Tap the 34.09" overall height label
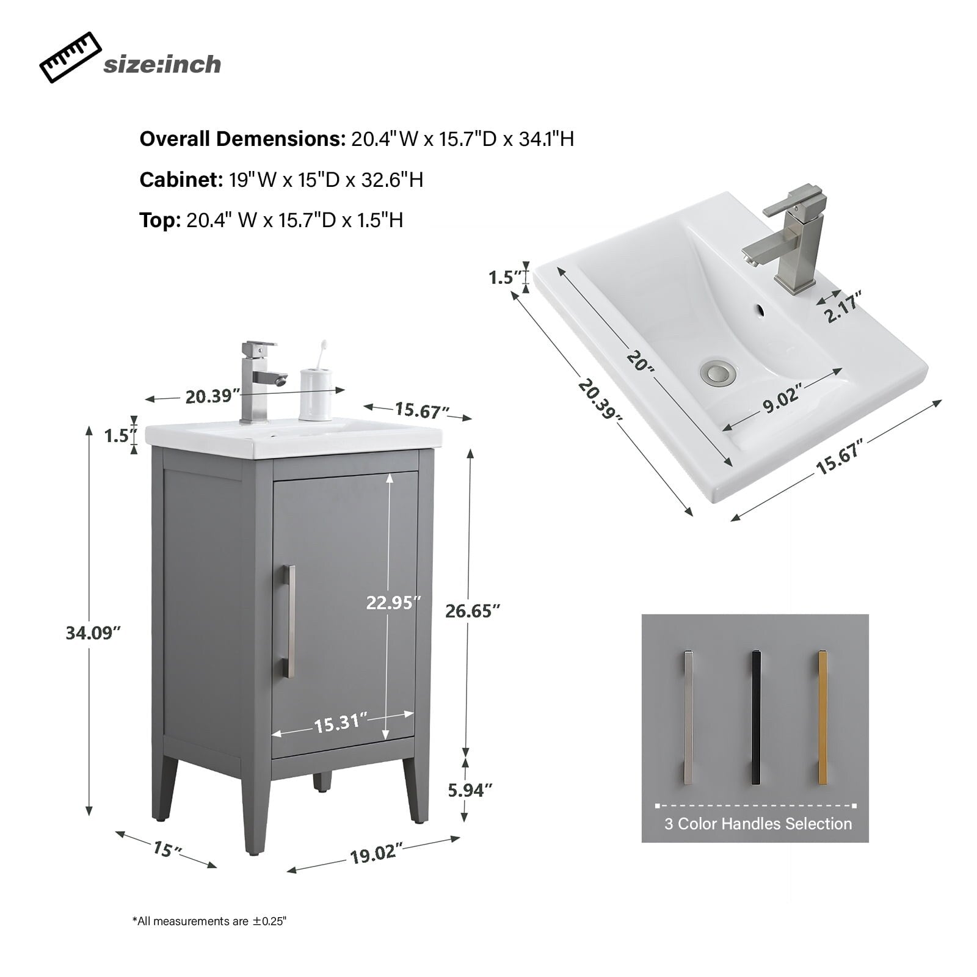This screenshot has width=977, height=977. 90,633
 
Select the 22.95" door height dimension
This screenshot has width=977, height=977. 393,603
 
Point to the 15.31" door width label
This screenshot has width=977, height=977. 340,724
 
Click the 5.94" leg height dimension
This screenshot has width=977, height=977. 470,790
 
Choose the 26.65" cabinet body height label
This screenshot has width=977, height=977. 473,610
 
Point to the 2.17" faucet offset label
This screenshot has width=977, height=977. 843,307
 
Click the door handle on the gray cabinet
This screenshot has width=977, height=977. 289,621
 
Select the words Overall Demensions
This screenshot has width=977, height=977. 242,139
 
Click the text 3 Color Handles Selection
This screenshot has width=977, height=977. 758,824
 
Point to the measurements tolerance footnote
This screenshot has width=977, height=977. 209,921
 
